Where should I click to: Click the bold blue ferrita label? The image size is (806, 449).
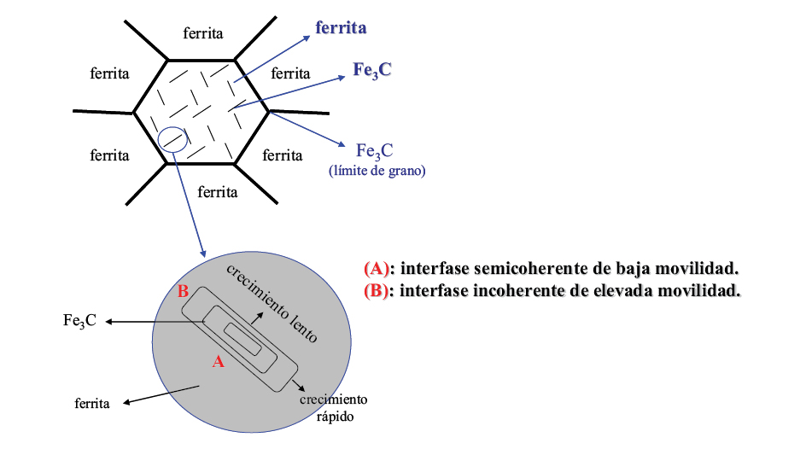pyautogui.click(x=341, y=28)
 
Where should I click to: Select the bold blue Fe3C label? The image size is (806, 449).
pyautogui.click(x=372, y=70)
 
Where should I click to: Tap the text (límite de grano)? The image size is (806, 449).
pyautogui.click(x=377, y=171)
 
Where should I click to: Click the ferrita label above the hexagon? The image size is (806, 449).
pyautogui.click(x=203, y=33)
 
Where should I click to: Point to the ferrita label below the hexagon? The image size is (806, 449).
pyautogui.click(x=217, y=191)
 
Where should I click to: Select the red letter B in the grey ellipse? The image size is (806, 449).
pyautogui.click(x=183, y=292)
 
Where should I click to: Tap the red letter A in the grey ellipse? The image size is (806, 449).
pyautogui.click(x=218, y=361)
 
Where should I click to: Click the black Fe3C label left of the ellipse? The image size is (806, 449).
pyautogui.click(x=79, y=321)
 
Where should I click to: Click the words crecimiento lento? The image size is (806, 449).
pyautogui.click(x=272, y=302)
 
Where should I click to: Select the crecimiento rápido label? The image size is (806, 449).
pyautogui.click(x=333, y=407)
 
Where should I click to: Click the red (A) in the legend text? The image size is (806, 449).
pyautogui.click(x=377, y=268)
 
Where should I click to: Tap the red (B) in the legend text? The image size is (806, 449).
pyautogui.click(x=377, y=290)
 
